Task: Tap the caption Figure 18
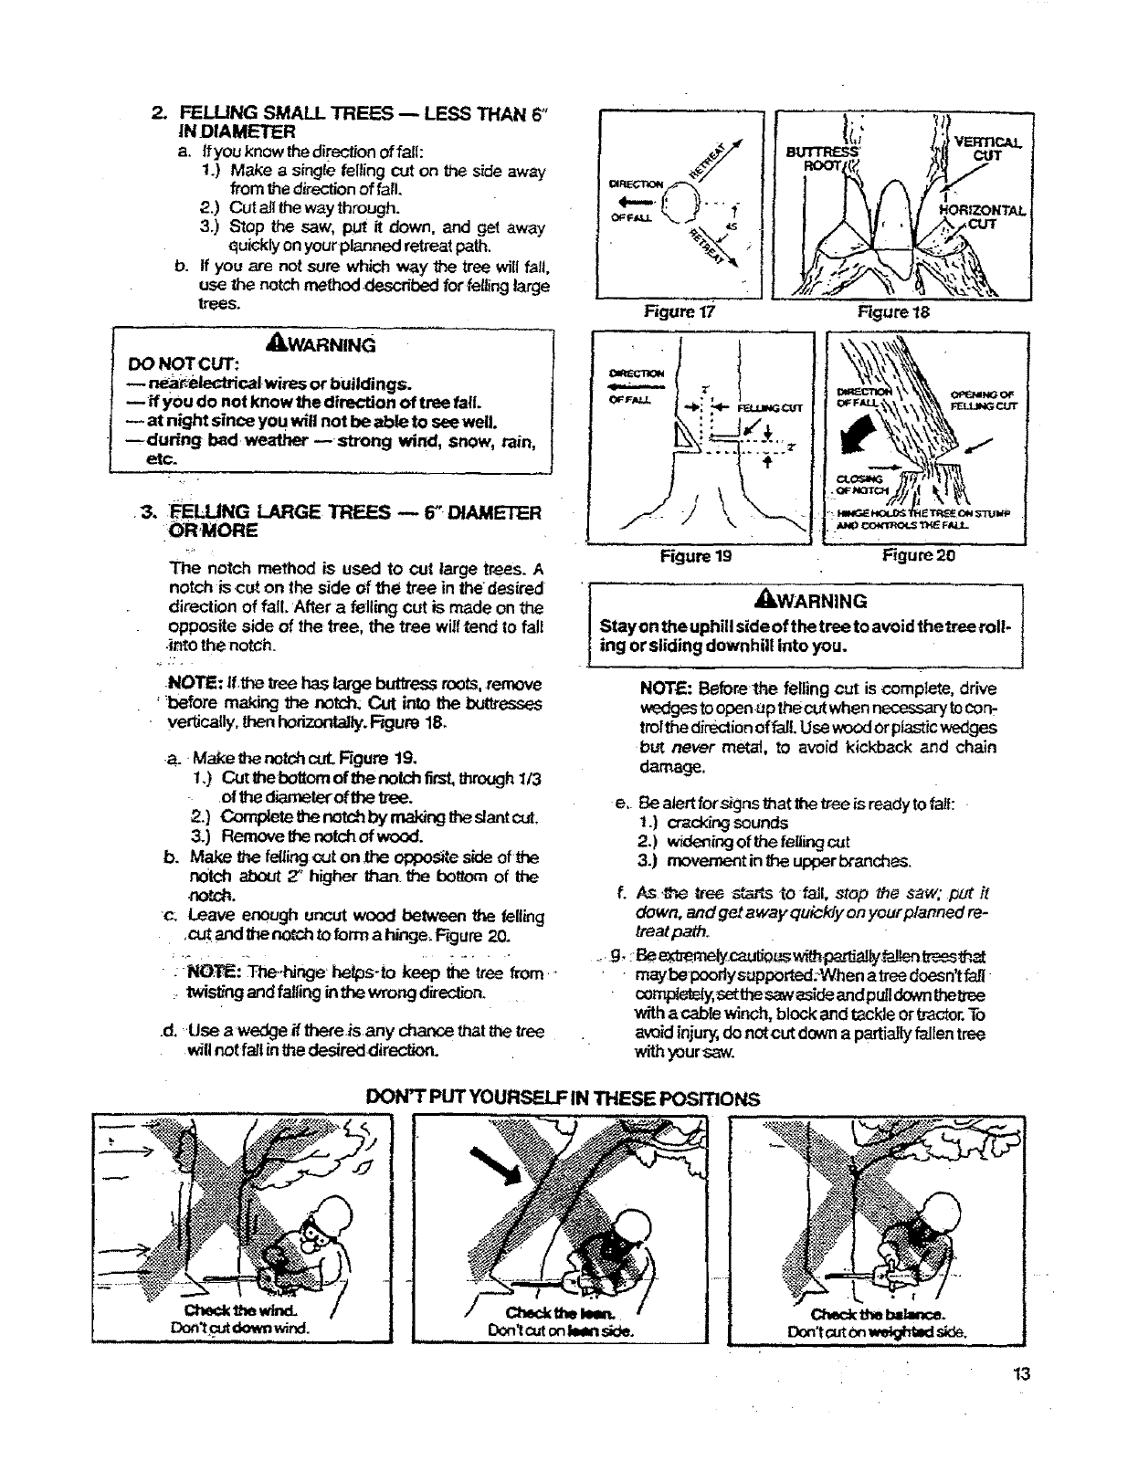tap(881, 311)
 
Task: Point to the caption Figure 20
tap(918, 555)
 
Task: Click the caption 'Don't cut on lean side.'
tap(562, 1330)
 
